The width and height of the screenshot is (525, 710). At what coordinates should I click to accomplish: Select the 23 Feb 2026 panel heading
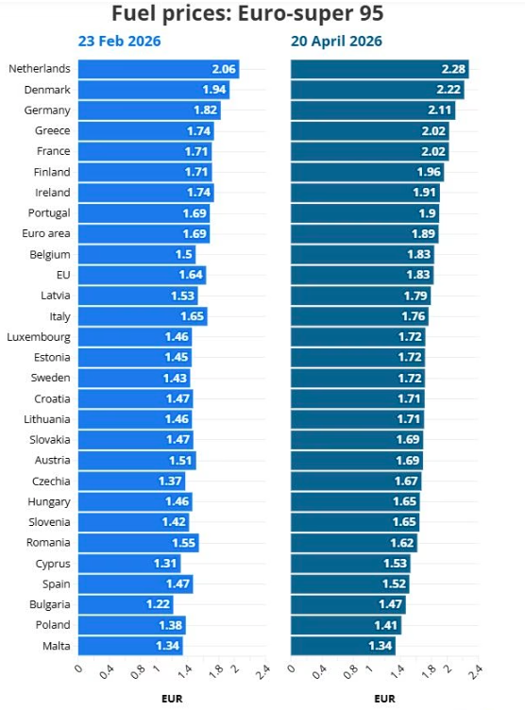pyautogui.click(x=119, y=42)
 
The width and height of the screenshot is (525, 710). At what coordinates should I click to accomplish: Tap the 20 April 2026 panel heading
pyautogui.click(x=336, y=42)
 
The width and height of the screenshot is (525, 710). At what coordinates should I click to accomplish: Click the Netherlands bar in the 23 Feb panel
pyautogui.click(x=158, y=69)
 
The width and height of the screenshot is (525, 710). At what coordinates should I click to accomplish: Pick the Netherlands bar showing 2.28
pyautogui.click(x=379, y=69)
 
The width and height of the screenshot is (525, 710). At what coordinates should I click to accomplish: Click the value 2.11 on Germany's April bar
pyautogui.click(x=441, y=110)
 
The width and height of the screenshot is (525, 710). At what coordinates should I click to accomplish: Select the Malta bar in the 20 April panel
pyautogui.click(x=342, y=646)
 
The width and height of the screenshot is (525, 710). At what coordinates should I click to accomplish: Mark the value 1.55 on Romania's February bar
pyautogui.click(x=184, y=543)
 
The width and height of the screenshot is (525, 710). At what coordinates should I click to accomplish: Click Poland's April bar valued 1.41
pyautogui.click(x=346, y=625)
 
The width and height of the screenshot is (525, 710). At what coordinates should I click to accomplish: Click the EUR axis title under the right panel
pyautogui.click(x=383, y=700)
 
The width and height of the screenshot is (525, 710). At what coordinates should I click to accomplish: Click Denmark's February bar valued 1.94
pyautogui.click(x=153, y=90)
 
